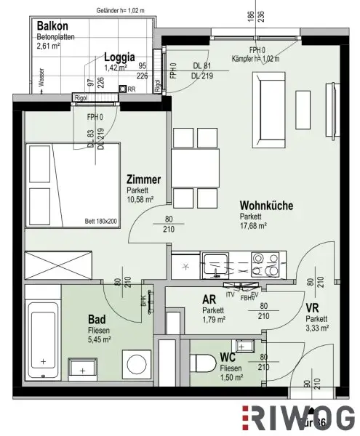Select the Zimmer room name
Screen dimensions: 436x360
(x=143, y=179)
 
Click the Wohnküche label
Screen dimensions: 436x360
(x=268, y=206)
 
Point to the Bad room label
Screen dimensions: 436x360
(x=97, y=318)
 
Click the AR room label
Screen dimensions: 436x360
(x=210, y=299)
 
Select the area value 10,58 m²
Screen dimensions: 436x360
(x=141, y=199)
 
